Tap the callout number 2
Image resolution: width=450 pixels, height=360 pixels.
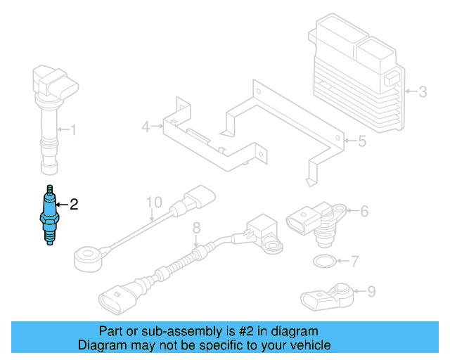pyautogui.click(x=73, y=205)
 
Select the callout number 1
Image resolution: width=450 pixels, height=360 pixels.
pyautogui.click(x=73, y=129)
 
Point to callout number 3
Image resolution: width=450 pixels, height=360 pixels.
pyautogui.click(x=423, y=91)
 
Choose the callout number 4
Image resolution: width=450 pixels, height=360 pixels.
pyautogui.click(x=146, y=127)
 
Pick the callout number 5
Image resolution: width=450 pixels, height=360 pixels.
pyautogui.click(x=361, y=141)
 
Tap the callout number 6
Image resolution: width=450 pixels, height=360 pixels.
pyautogui.click(x=364, y=210)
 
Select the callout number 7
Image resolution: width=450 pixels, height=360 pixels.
pyautogui.click(x=355, y=262)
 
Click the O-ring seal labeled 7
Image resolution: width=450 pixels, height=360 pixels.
pyautogui.click(x=323, y=263)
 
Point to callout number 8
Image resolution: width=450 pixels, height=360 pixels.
pyautogui.click(x=196, y=227)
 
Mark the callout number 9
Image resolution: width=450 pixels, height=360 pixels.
pyautogui.click(x=371, y=290)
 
